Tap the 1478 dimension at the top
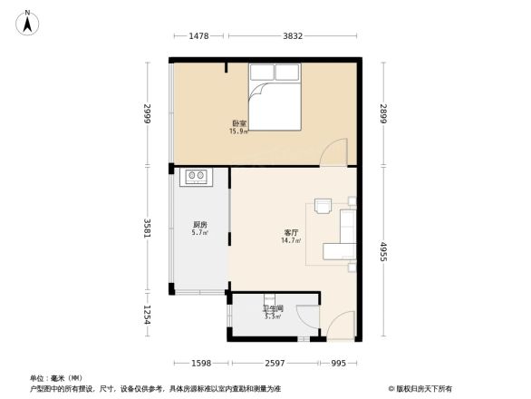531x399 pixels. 199,36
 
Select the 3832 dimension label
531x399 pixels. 290,36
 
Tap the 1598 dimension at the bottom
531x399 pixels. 201,363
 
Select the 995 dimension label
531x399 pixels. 338,363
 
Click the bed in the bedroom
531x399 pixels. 273,106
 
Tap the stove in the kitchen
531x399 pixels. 196,176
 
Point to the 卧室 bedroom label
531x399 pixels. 238,122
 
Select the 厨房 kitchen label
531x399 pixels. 200,225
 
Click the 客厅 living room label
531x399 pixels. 291,232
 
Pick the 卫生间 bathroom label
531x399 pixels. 273,308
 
